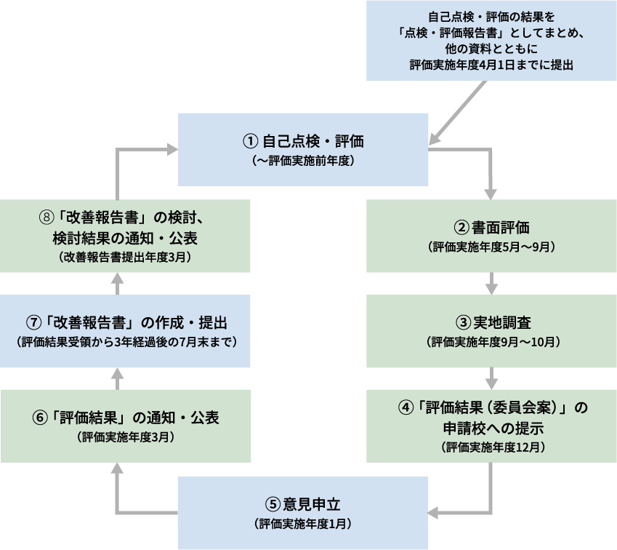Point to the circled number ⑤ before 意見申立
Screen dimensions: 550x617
click(272, 503)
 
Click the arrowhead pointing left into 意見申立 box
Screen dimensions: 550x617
click(434, 511)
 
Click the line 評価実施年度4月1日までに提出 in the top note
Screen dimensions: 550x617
click(491, 65)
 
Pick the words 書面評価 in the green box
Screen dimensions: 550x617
click(496, 227)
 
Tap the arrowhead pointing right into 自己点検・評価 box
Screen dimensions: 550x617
click(172, 149)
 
